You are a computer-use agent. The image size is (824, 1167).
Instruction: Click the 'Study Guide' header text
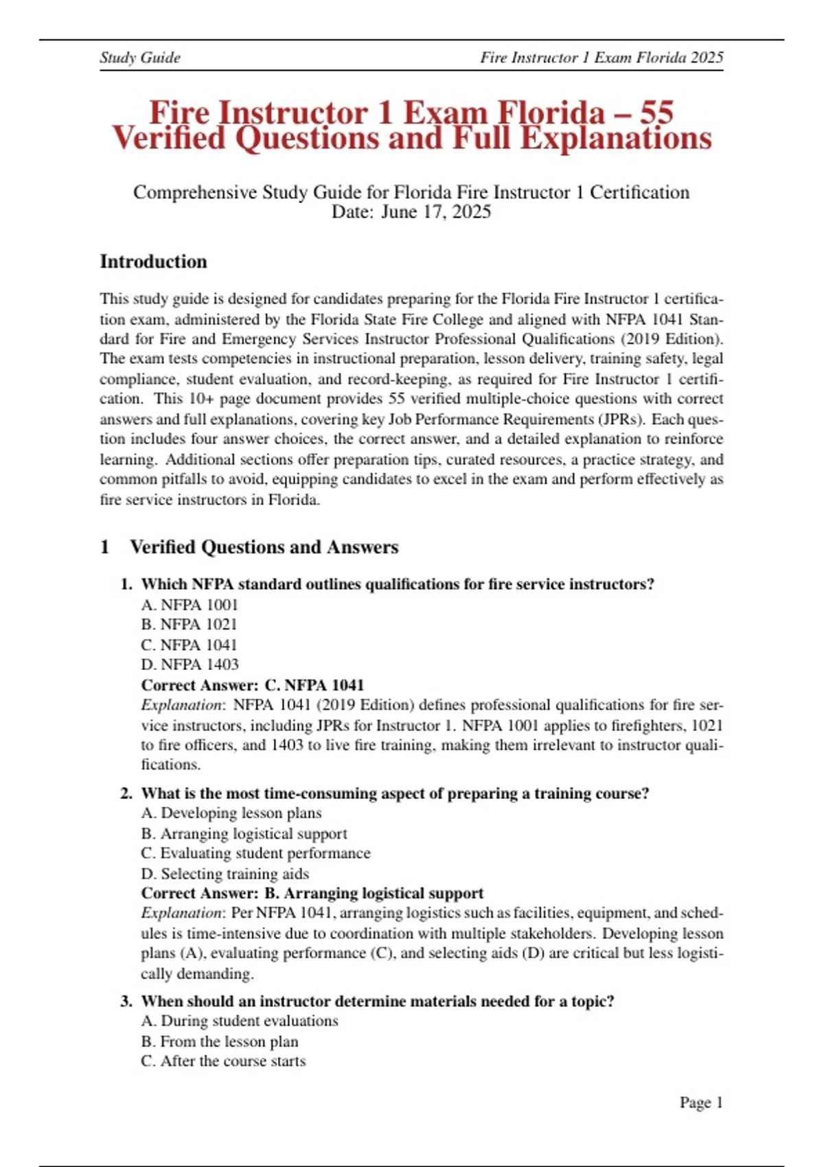(x=140, y=58)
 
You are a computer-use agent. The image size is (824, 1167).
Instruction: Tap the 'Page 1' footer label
(x=701, y=1102)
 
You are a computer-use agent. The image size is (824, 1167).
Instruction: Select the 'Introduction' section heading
(x=153, y=262)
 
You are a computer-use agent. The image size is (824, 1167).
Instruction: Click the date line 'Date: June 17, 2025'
(x=411, y=211)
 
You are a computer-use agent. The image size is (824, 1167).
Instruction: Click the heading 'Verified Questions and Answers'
(x=264, y=547)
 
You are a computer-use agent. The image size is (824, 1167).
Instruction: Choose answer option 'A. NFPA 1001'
(x=190, y=605)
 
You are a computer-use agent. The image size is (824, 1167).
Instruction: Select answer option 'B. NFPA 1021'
(x=189, y=625)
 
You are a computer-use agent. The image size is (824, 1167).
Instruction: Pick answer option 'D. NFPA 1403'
(x=190, y=665)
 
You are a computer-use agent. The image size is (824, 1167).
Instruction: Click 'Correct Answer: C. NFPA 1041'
(x=252, y=685)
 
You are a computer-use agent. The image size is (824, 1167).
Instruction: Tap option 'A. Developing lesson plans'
(x=231, y=813)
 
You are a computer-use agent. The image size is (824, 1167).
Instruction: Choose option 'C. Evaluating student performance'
(x=255, y=853)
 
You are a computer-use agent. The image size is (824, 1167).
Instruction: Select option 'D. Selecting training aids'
(x=225, y=874)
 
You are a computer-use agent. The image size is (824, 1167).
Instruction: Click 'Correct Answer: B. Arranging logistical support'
(x=312, y=894)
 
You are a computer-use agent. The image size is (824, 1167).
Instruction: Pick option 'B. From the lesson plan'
(x=219, y=1041)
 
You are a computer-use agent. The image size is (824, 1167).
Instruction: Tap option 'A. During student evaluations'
(x=240, y=1021)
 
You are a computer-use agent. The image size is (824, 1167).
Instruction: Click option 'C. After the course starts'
(x=223, y=1061)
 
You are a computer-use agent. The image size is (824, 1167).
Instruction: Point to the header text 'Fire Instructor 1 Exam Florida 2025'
(x=602, y=58)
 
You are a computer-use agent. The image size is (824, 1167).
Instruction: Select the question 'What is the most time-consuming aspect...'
(x=395, y=794)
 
